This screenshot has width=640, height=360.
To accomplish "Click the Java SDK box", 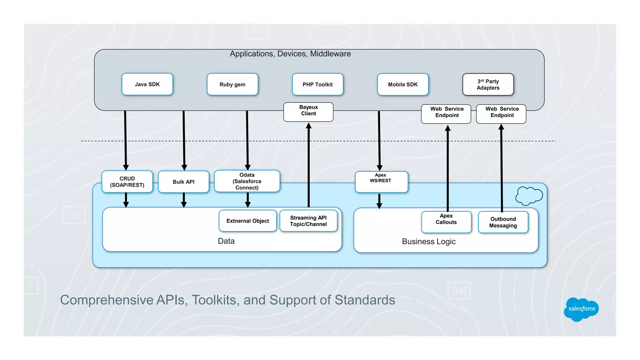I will point(147,84).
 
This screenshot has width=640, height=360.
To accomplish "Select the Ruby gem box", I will point(232,84).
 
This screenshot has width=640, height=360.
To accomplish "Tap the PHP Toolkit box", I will point(317,84).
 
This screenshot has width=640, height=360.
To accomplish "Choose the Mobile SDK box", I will point(402,84).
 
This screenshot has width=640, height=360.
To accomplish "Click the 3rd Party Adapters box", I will point(488,84).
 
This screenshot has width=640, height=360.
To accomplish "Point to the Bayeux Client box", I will point(308,112).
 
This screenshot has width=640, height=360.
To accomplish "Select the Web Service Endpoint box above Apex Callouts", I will point(446,114).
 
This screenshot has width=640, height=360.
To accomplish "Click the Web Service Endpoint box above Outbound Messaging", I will point(501,114).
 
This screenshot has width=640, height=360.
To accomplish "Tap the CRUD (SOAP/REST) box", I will point(127,182).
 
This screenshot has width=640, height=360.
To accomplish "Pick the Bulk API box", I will point(183,182).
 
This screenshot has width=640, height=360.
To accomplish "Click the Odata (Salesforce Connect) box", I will point(247,181).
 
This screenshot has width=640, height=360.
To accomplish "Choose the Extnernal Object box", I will point(247,221).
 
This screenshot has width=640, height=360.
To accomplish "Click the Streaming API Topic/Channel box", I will point(308,221).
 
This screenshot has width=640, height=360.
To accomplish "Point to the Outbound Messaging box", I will point(503,222).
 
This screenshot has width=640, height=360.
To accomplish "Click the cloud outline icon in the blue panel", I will point(529,196).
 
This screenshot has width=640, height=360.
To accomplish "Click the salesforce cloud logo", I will point(581,309).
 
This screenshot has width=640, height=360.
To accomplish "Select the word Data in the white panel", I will point(226,241).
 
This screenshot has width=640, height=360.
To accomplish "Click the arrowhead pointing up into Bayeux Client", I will point(308,126).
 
